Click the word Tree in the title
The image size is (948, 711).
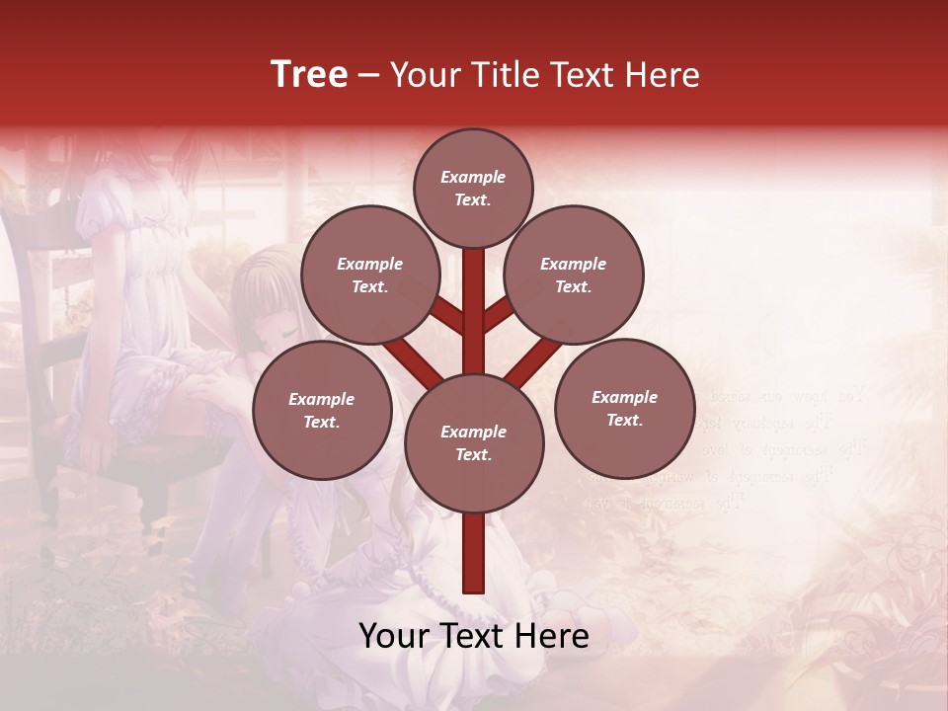click(309, 74)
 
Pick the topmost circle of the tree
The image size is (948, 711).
click(473, 188)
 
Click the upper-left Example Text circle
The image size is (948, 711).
click(369, 275)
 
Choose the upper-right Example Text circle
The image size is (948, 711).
click(573, 275)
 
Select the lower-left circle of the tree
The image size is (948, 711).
click(322, 410)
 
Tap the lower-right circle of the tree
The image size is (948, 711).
click(624, 408)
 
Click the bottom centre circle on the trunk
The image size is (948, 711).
click(473, 442)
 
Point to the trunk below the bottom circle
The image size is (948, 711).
click(474, 553)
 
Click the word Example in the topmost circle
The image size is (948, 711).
click(473, 177)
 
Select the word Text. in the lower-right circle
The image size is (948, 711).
click(624, 420)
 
